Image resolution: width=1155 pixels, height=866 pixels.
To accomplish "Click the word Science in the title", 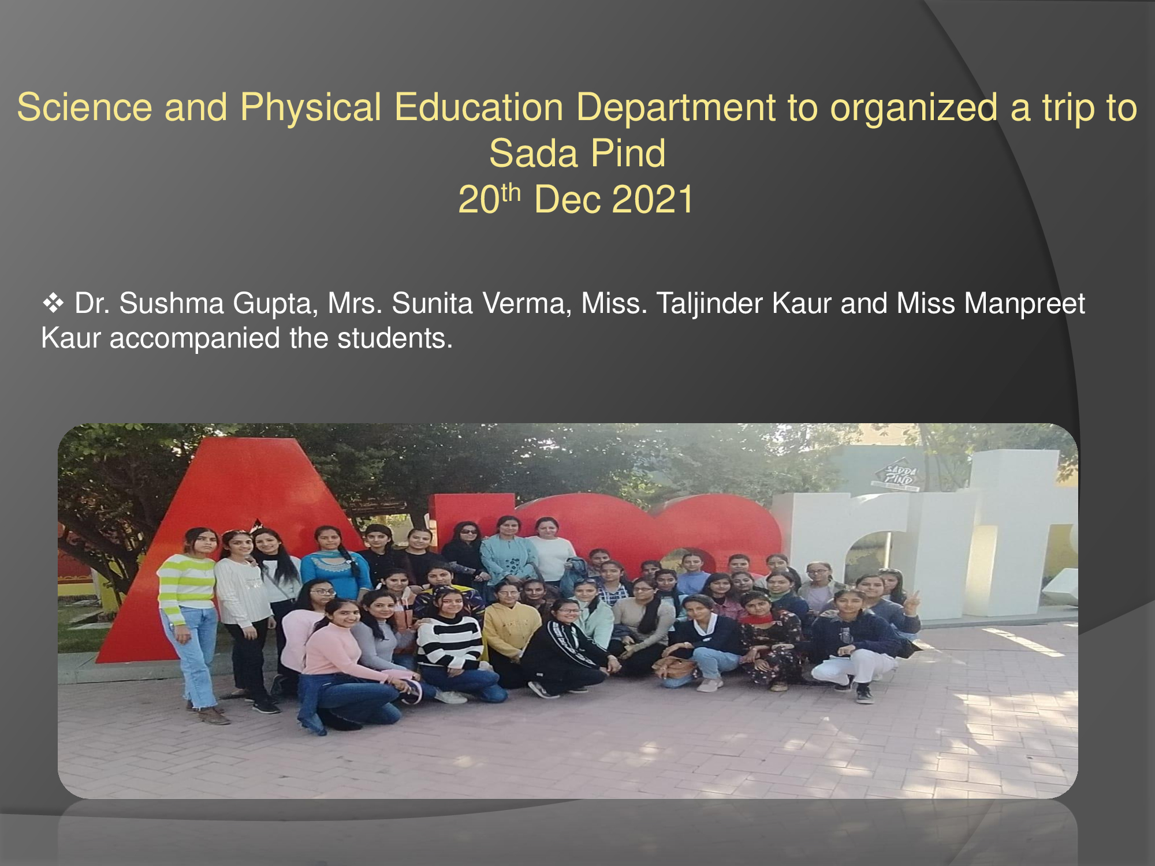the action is (x=84, y=107).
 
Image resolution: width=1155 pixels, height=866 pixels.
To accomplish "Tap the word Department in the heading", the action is (x=676, y=107).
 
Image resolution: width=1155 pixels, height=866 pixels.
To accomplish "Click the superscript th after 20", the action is (x=511, y=192).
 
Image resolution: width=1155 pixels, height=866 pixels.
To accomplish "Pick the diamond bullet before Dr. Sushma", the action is (x=53, y=303).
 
